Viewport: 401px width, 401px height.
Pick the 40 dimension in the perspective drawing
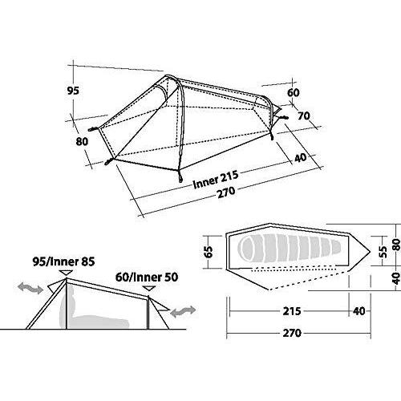point(300,157)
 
